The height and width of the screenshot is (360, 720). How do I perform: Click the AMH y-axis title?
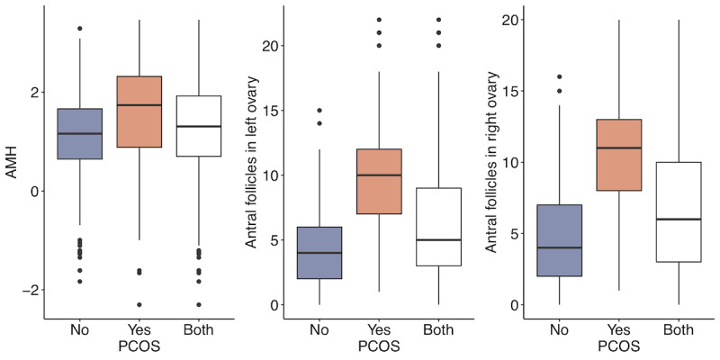pyautogui.click(x=13, y=166)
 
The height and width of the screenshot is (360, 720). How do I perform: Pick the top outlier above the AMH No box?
pyautogui.click(x=80, y=29)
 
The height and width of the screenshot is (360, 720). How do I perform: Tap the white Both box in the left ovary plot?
pyautogui.click(x=438, y=226)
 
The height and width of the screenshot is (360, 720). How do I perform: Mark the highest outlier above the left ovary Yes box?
pyautogui.click(x=379, y=19)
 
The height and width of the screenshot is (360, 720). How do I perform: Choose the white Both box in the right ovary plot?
pyautogui.click(x=678, y=211)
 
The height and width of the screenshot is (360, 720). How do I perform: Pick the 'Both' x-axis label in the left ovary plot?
pyautogui.click(x=438, y=329)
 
